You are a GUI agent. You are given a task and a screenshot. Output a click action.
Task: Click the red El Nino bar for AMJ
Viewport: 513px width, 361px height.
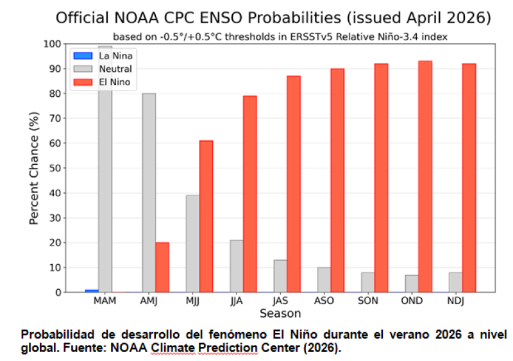coord(162,267)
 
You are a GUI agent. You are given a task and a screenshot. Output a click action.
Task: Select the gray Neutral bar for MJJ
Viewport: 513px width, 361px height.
coord(192,244)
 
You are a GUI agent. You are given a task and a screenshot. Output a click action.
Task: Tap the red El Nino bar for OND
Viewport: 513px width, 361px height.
coord(425,176)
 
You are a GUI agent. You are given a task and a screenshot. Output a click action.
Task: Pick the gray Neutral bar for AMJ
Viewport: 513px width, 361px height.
coord(149,192)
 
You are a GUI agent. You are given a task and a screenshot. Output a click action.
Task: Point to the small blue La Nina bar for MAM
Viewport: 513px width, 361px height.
coord(92,291)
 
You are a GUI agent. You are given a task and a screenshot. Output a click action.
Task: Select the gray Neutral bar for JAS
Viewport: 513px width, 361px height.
coord(280,276)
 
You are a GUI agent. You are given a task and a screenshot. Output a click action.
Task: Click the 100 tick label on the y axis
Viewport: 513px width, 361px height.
coord(53,44)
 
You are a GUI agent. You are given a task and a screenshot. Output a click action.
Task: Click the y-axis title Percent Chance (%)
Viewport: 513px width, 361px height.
coord(34,168)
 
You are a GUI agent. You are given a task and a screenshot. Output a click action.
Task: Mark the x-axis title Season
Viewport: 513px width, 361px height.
coord(280,314)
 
